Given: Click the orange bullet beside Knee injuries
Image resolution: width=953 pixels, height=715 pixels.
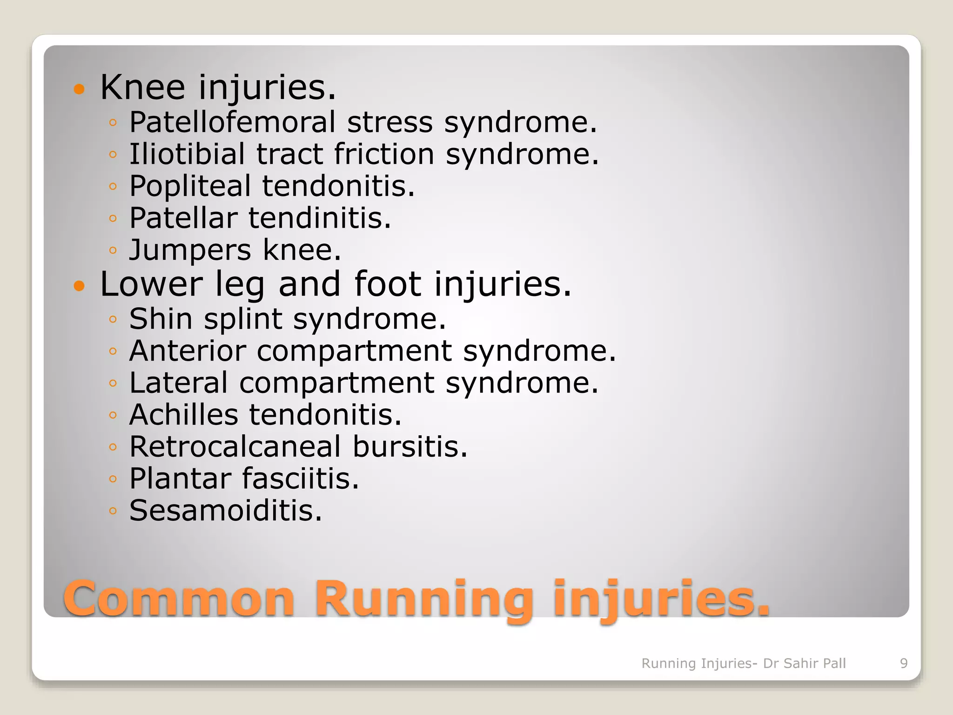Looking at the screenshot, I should tap(80, 88).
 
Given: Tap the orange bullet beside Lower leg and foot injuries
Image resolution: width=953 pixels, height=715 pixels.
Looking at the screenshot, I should tap(80, 285).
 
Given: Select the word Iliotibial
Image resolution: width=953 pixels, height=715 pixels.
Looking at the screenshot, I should tap(187, 154).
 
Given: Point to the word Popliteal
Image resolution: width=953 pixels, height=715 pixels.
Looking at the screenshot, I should tap(190, 186).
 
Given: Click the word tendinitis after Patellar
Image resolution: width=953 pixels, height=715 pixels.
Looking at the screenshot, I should tap(320, 218).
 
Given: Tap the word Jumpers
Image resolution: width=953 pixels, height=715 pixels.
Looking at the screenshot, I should tap(190, 250).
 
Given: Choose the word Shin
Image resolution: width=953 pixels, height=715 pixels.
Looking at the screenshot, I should tap(161, 319).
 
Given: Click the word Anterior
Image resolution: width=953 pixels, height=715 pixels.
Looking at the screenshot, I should tap(187, 351).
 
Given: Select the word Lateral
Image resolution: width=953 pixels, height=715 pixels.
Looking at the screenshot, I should tap(178, 383).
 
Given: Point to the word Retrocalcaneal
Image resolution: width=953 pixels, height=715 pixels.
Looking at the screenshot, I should tap(235, 446).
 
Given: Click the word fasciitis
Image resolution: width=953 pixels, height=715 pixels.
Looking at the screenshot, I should tap(300, 479).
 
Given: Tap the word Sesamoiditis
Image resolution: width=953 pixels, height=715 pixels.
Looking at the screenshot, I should tap(225, 510).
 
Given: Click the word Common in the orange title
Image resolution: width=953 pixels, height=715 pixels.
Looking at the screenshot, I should tap(179, 598).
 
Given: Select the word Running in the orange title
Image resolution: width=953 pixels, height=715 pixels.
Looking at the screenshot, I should tap(423, 598).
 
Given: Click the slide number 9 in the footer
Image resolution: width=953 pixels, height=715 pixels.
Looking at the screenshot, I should tap(904, 663).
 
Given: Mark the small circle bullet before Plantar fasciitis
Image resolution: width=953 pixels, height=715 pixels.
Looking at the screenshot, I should tap(113, 479).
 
